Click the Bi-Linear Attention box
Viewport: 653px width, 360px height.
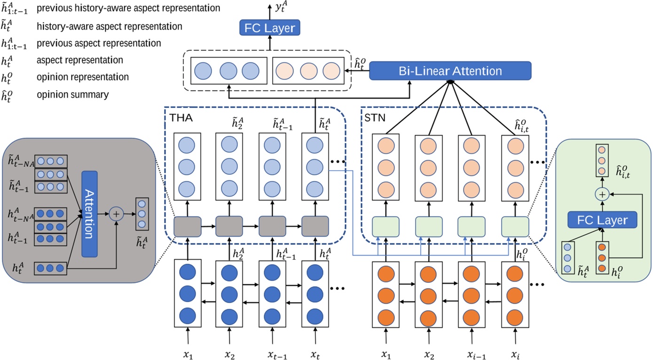coord(450,71)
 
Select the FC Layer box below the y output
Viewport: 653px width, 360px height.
coord(269,28)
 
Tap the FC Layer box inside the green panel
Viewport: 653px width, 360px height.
coord(597,220)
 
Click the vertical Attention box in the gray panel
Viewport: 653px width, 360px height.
coord(89,214)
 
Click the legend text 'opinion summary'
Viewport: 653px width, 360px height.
coord(72,94)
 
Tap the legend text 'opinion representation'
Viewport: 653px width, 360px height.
coord(82,77)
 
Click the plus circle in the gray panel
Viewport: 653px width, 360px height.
coord(116,214)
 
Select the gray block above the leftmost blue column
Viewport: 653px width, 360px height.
coord(187,226)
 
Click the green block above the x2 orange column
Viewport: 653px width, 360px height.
coord(428,226)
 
